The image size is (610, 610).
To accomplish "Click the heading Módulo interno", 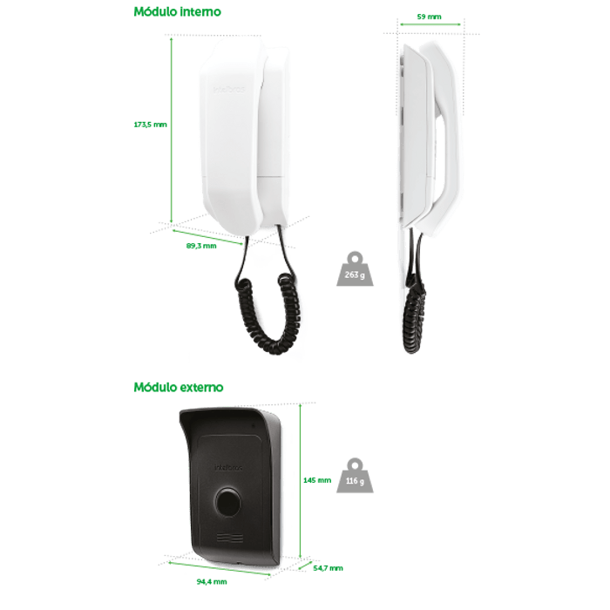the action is (x=178, y=11).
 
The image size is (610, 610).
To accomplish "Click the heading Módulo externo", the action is (x=179, y=387).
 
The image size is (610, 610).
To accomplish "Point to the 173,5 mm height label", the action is (x=150, y=125).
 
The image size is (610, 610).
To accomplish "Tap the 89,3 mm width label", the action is (x=201, y=246).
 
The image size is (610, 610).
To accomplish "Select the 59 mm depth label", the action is (x=429, y=17).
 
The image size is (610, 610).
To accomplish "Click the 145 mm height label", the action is (x=317, y=480).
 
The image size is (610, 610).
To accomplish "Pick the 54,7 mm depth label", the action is (x=328, y=568).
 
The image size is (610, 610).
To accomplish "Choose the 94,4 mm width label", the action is (x=212, y=581).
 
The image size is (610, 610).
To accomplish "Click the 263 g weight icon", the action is (x=355, y=269).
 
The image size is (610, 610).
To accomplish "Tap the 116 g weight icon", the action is (x=355, y=476).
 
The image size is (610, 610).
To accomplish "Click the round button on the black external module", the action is (x=227, y=502).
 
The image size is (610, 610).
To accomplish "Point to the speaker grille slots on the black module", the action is (x=230, y=538).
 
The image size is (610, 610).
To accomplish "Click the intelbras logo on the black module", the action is (x=228, y=467).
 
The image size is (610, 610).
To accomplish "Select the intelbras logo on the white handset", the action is (x=229, y=90).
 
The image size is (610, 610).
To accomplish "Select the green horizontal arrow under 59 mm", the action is (x=430, y=24).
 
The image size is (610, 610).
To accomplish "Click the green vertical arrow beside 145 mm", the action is (x=301, y=482).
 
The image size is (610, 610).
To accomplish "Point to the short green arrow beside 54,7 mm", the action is (x=305, y=566).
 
